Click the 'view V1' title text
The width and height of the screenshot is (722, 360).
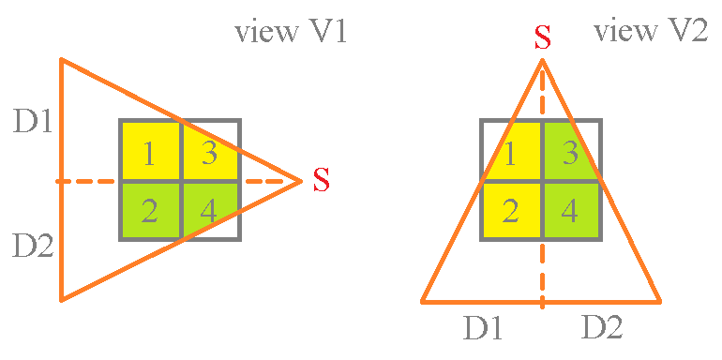coord(292,33)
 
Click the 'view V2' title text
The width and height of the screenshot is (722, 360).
coord(650,33)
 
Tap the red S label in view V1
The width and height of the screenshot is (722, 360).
coord(322,179)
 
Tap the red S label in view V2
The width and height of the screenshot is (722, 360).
coord(542,37)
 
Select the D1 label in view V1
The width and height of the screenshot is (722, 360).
coord(33,121)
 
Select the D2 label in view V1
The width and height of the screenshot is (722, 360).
coord(33,246)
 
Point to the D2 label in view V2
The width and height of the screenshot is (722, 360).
coord(602,328)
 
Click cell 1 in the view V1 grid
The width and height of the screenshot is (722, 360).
coord(150,151)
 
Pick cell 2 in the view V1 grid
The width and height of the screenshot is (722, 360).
coord(150,210)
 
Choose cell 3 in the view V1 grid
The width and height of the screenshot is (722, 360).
coord(210,151)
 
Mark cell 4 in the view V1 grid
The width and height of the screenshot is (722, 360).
coord(210,210)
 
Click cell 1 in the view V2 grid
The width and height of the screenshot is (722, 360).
coord(511,151)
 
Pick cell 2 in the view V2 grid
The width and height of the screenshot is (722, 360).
coord(511,210)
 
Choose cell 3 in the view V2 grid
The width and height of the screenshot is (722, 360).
coord(570,151)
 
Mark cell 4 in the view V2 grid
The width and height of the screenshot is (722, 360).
coord(570,210)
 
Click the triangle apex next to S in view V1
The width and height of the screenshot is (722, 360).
coord(300,180)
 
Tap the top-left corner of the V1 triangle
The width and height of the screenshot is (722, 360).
coord(61,60)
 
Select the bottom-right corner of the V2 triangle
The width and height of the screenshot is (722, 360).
coord(660,302)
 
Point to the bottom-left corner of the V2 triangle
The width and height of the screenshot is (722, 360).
coord(423,302)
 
